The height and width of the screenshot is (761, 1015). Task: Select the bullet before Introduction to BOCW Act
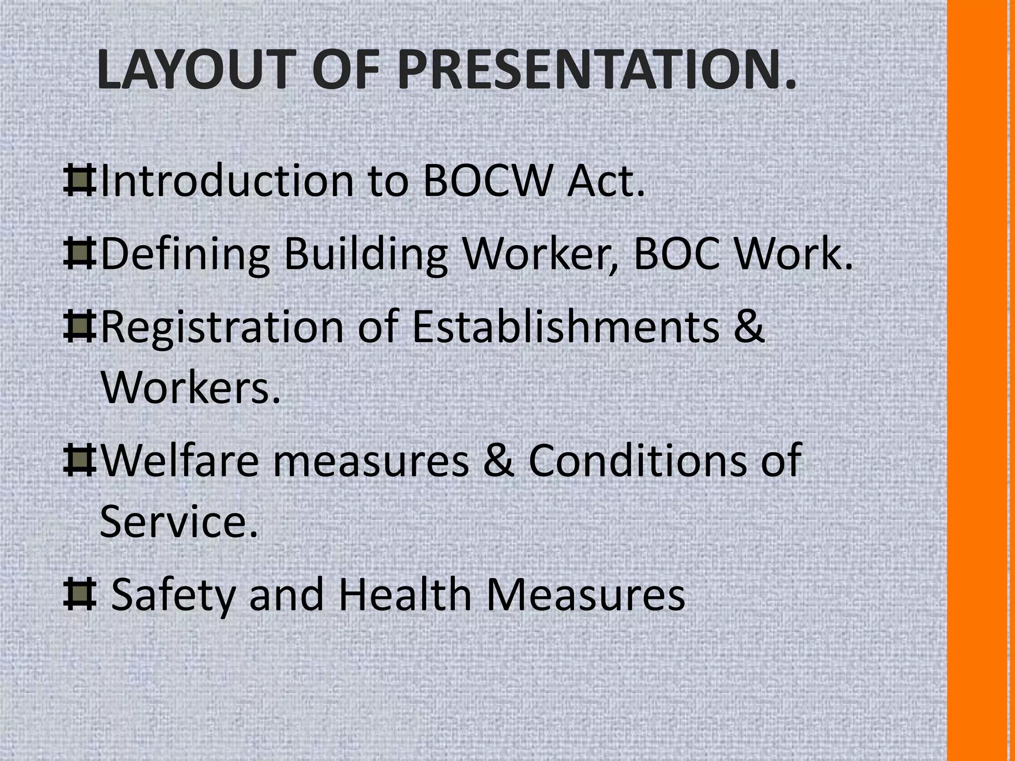tap(79, 181)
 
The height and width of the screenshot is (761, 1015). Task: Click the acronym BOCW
tap(487, 181)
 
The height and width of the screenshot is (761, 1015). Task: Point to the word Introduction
tap(227, 181)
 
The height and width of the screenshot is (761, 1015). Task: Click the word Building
tap(366, 255)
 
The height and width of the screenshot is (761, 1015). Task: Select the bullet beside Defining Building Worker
tap(79, 255)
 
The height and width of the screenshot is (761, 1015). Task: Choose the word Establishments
tap(565, 327)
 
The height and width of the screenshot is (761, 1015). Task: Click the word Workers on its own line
tap(190, 386)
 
